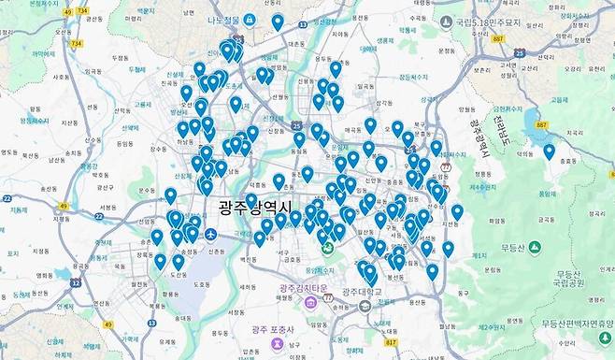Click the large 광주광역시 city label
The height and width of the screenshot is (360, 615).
tap(255, 208)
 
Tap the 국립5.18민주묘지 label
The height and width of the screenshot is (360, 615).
tap(496, 21)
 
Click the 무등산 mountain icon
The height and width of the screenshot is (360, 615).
tap(535, 248)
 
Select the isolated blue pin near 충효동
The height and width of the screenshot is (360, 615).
tap(549, 151)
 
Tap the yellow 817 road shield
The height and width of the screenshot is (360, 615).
tap(391, 342)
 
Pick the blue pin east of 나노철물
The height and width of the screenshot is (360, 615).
tap(278, 22)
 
